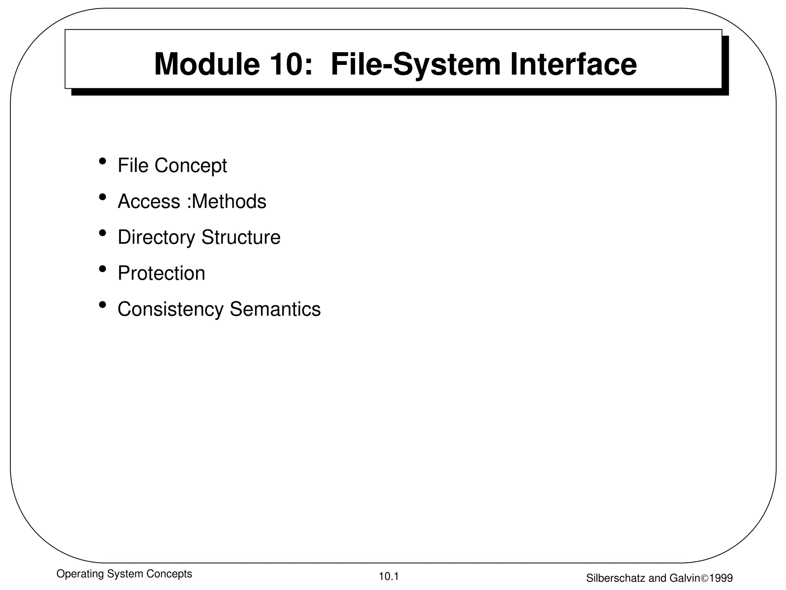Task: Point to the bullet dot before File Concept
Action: click(x=102, y=161)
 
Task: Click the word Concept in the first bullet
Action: click(x=191, y=166)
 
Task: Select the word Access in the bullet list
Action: click(x=149, y=201)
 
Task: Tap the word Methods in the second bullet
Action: click(x=230, y=201)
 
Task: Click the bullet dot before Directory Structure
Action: click(x=102, y=232)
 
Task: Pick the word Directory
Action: click(x=156, y=237)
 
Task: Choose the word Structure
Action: click(x=241, y=237)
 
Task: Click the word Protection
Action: click(x=161, y=273)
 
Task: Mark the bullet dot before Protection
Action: click(x=102, y=268)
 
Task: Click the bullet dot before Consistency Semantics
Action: click(x=102, y=305)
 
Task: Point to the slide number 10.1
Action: click(x=389, y=576)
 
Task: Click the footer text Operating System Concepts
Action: click(x=124, y=574)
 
